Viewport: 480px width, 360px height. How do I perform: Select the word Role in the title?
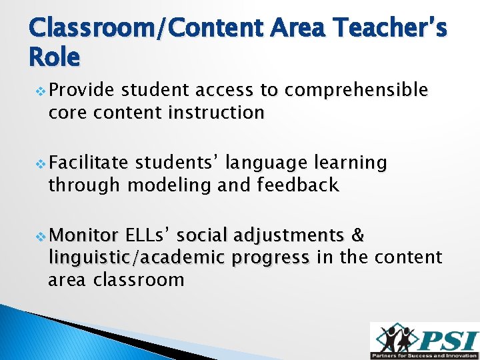(x=55, y=59)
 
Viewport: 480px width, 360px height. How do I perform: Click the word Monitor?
(x=83, y=235)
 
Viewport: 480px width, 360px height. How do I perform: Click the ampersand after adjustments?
(x=357, y=235)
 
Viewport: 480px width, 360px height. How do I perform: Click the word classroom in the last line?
(x=139, y=279)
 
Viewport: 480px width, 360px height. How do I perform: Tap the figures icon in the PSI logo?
(x=395, y=337)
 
